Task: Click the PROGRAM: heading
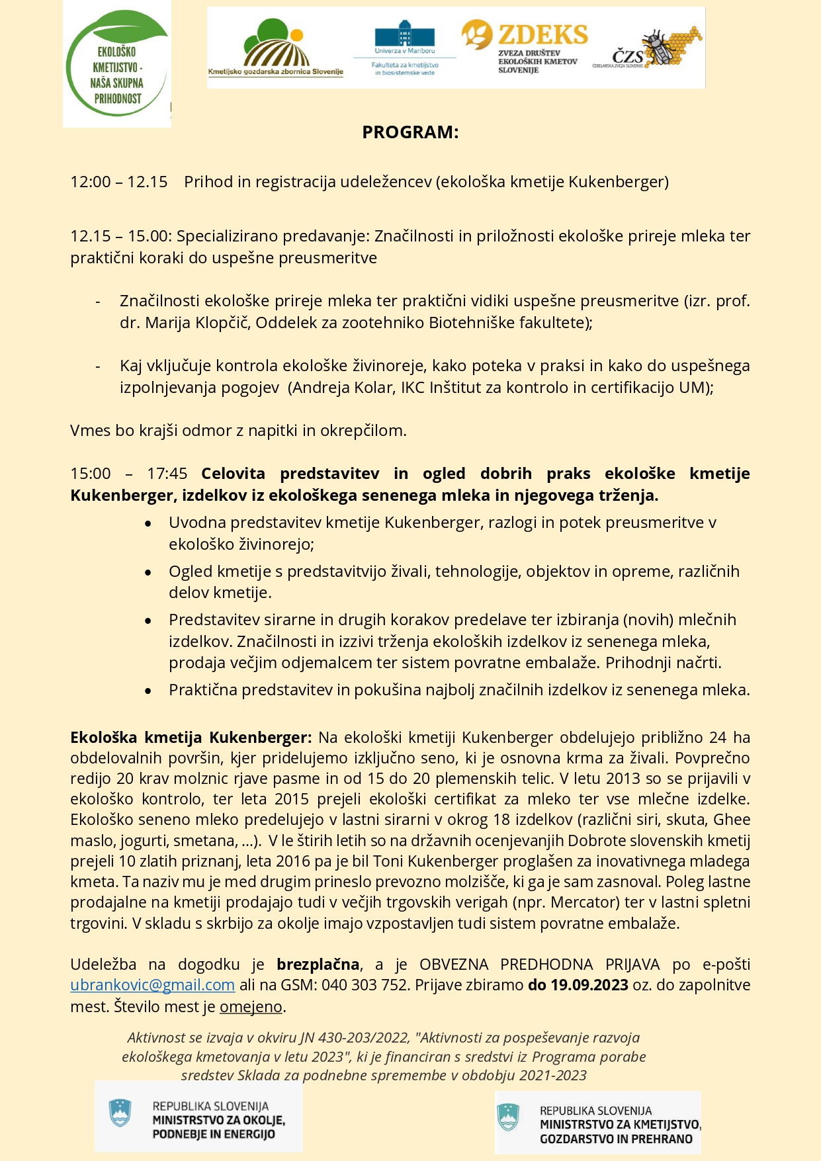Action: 410,132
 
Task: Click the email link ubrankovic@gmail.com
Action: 152,985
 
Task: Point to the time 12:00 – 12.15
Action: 119,182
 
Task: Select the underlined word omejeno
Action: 251,1007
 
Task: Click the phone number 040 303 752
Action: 365,985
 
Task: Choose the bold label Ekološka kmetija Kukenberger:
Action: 191,738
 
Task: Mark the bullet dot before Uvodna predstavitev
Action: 148,523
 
